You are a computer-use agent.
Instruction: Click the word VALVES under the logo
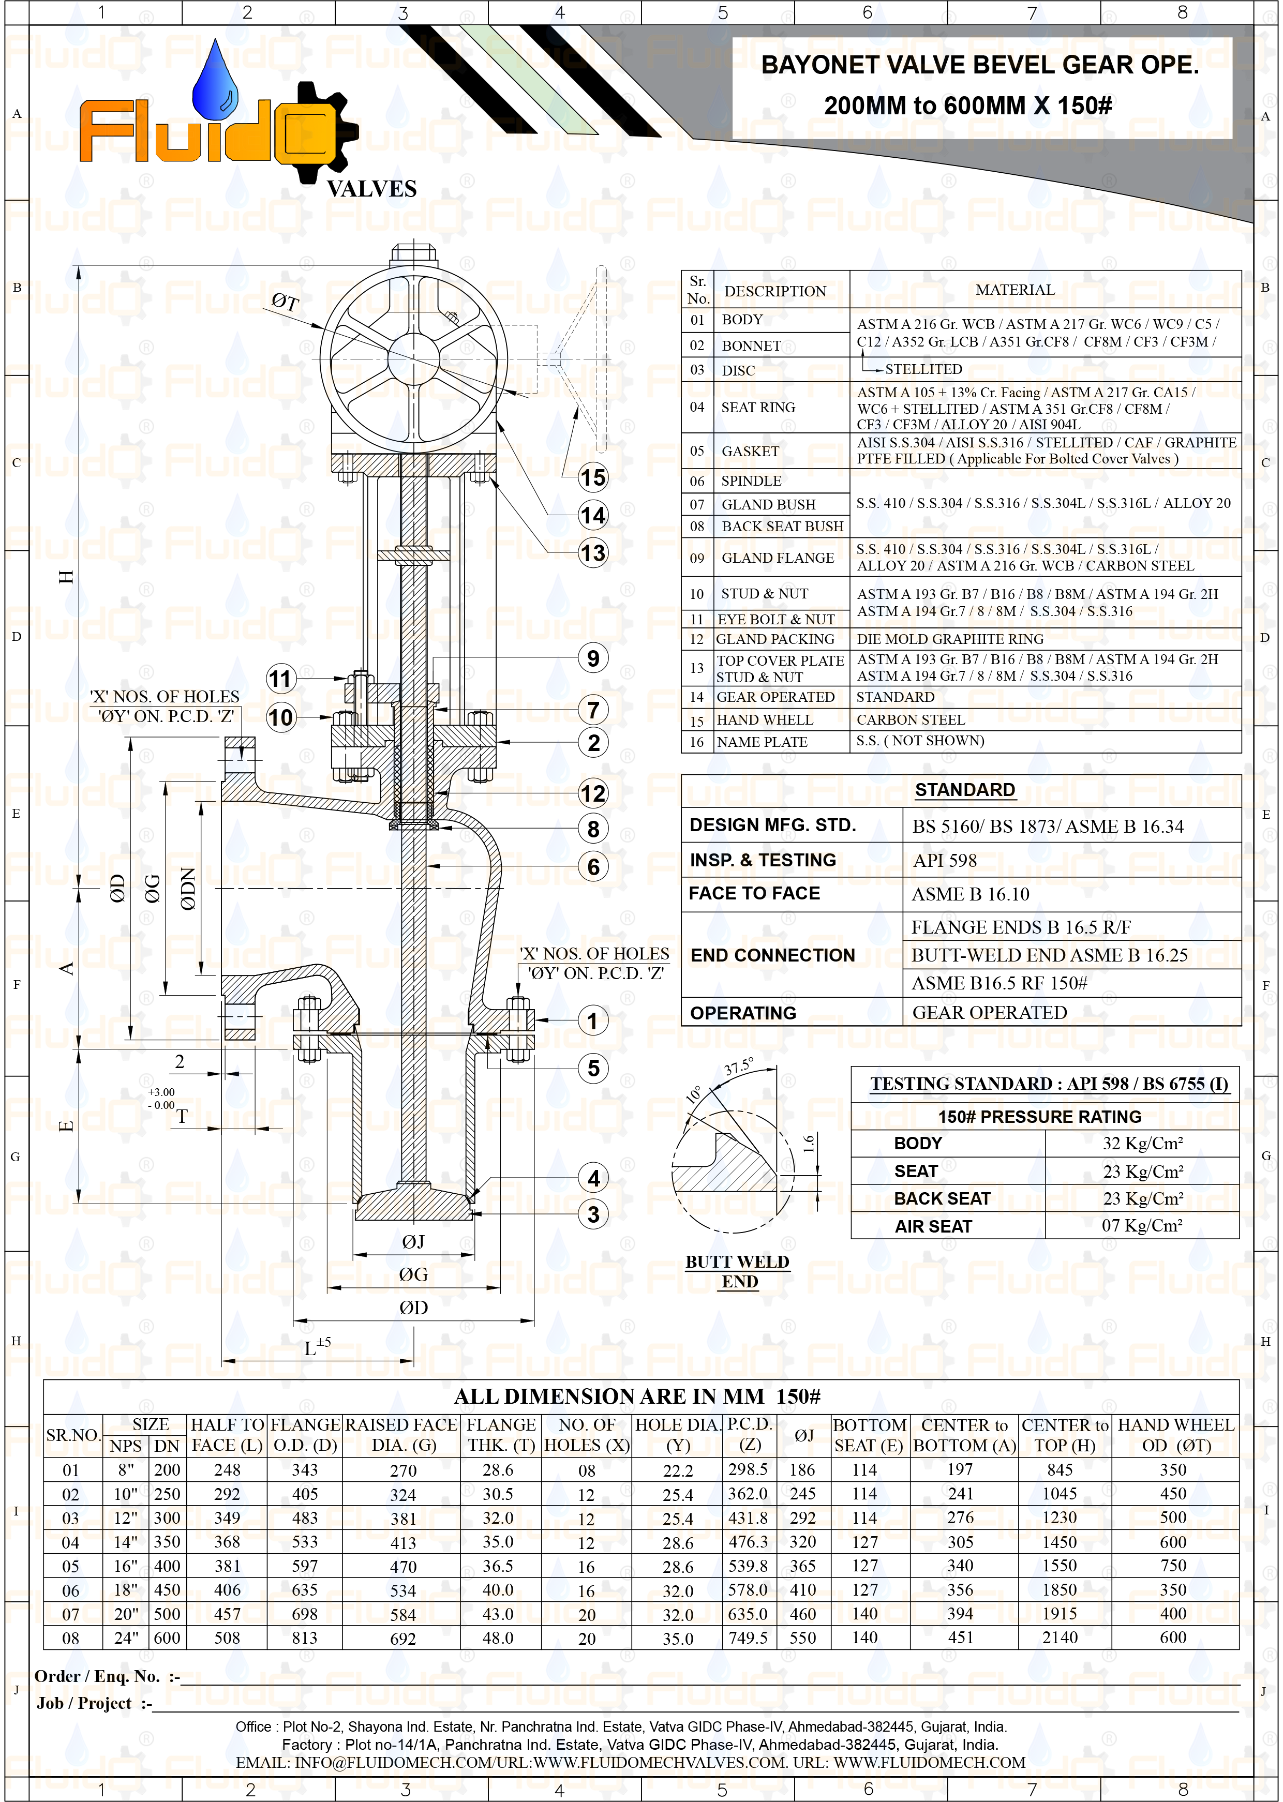click(x=371, y=189)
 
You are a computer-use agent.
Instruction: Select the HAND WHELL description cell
click(x=764, y=720)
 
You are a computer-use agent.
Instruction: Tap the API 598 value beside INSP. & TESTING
click(x=945, y=861)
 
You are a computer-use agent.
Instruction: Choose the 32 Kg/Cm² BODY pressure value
click(x=1142, y=1144)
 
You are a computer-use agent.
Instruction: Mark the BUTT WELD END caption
click(x=738, y=1271)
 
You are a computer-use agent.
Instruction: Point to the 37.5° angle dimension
click(x=739, y=1067)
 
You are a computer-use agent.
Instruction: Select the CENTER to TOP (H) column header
click(x=1065, y=1436)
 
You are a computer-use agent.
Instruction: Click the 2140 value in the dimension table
click(x=1060, y=1638)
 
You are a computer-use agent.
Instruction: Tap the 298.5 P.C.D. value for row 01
click(x=748, y=1469)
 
